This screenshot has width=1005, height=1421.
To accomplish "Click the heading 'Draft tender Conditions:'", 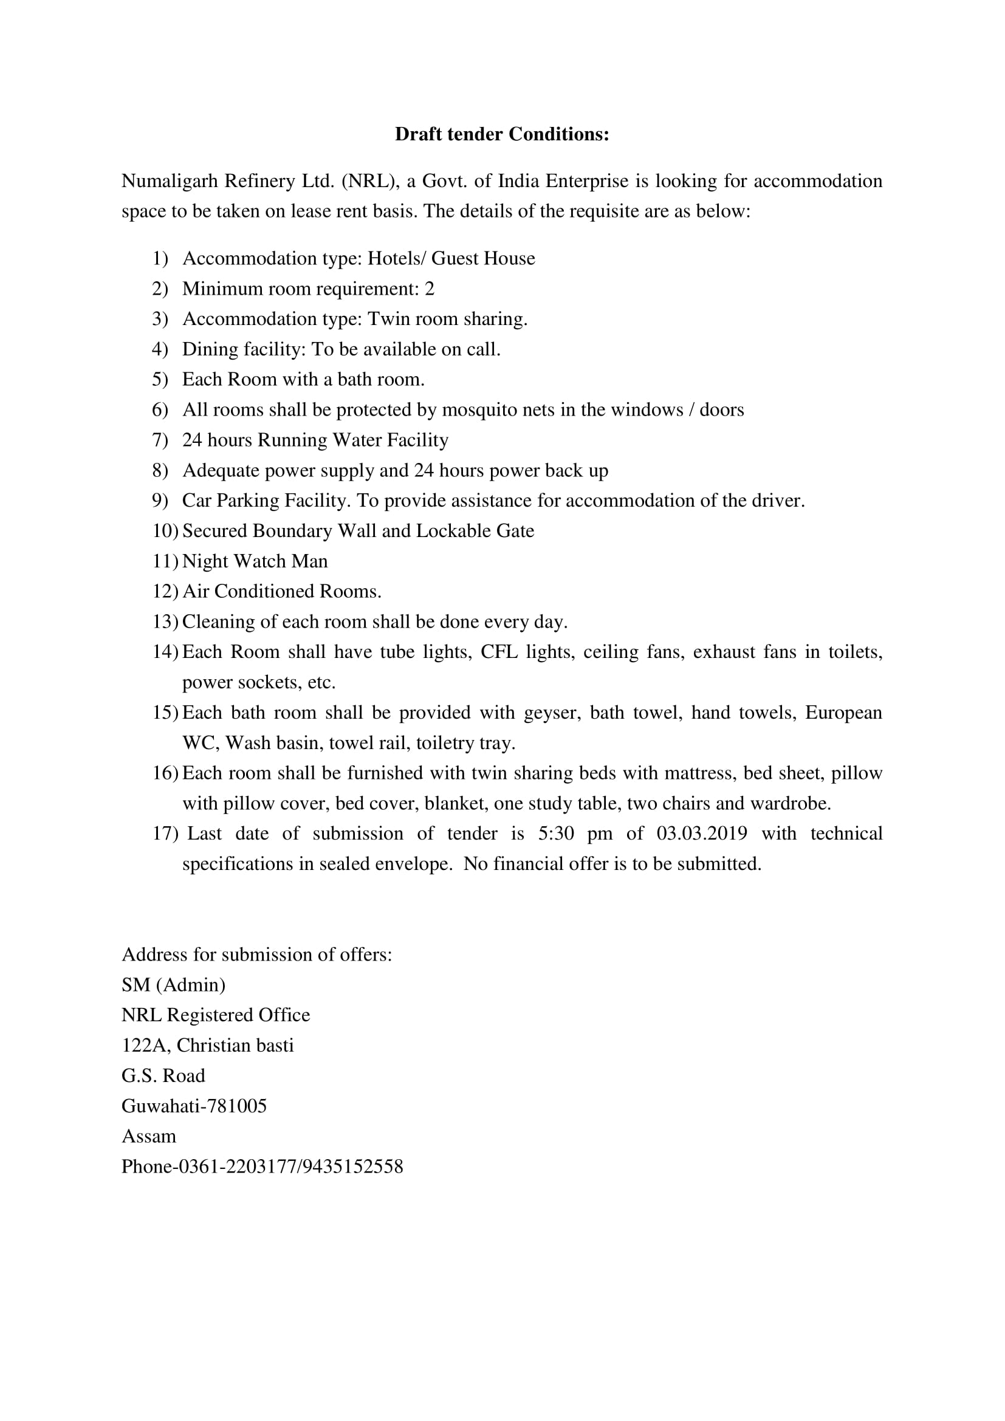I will tap(502, 134).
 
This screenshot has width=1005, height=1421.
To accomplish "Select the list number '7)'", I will tap(160, 440).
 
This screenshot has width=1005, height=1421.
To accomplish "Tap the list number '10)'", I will tap(165, 531).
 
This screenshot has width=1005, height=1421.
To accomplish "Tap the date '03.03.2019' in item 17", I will tap(701, 834).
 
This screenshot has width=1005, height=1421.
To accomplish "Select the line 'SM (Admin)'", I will tap(173, 985).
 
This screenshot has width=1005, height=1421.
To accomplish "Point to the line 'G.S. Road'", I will tap(163, 1076).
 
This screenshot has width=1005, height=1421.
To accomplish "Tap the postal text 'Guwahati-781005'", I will tap(194, 1106).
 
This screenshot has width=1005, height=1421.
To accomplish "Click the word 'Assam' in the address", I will tap(148, 1136).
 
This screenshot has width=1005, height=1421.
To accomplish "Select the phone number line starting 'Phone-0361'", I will tap(262, 1166).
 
